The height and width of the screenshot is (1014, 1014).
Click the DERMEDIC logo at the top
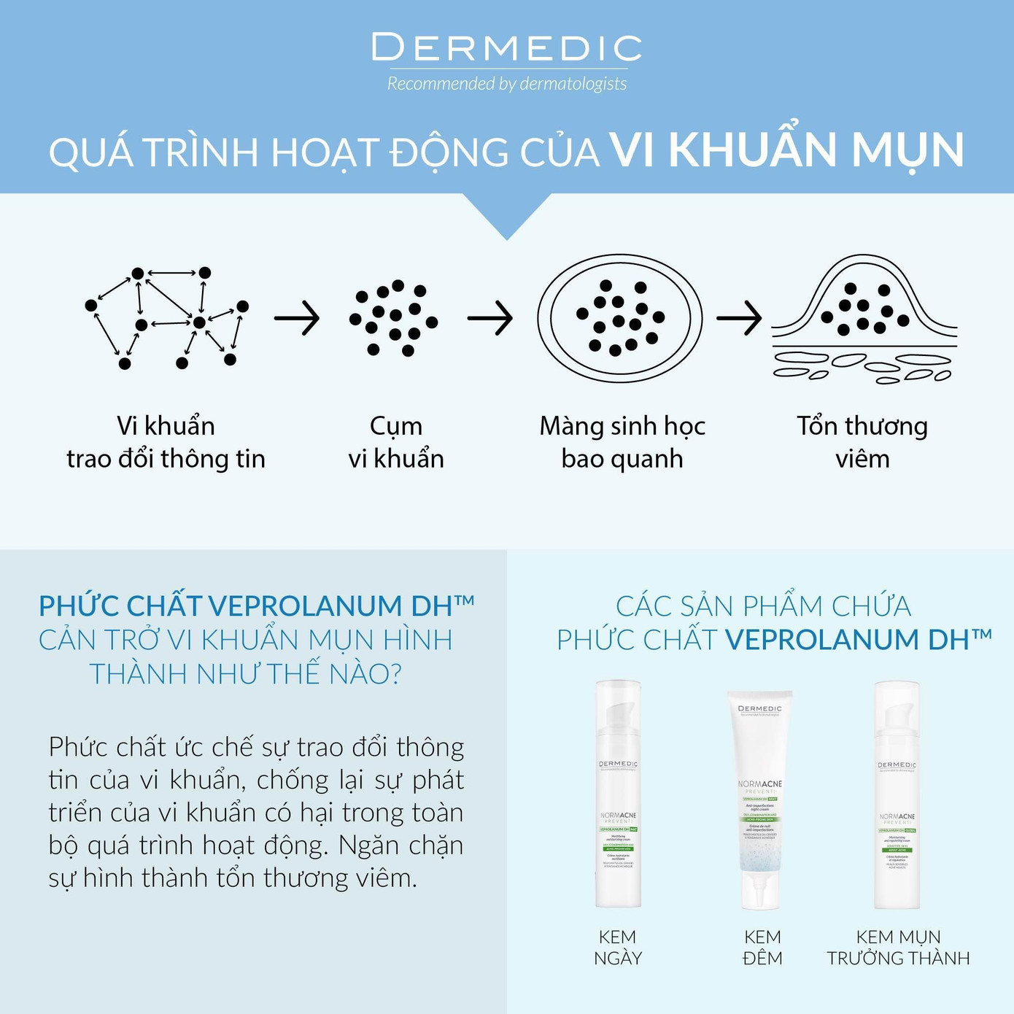[506, 48]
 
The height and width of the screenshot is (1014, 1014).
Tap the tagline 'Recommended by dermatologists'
[506, 84]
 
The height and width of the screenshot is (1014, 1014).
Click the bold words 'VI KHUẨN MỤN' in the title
[786, 150]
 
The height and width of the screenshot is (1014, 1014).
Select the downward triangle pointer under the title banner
[507, 215]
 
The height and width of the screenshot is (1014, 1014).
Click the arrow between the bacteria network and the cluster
[297, 318]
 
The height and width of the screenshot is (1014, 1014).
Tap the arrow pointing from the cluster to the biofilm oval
[490, 318]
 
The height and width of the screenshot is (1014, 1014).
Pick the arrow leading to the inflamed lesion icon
[739, 318]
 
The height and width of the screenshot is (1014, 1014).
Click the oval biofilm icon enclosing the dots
[619, 318]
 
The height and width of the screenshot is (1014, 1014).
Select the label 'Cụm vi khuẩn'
[396, 442]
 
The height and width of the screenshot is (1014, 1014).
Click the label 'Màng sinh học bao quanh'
[622, 442]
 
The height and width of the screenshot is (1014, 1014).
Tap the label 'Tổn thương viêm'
[862, 442]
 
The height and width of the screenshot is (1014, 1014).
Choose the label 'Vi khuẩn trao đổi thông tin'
[166, 442]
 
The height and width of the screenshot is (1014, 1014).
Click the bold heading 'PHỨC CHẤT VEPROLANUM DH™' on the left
[256, 605]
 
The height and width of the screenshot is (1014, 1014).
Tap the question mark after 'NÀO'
[396, 673]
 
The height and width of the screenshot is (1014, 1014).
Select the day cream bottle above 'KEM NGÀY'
[618, 795]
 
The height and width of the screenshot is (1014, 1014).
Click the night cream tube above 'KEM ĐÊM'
[759, 799]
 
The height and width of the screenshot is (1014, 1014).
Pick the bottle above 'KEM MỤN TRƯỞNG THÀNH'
[897, 795]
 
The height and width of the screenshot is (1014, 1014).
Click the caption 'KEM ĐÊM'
[762, 947]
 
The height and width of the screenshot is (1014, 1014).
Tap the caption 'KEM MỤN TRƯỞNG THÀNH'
[898, 947]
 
